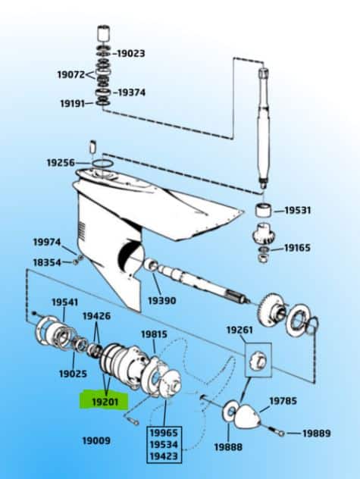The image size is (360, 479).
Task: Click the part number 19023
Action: click(130, 54)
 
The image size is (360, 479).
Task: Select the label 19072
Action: click(72, 74)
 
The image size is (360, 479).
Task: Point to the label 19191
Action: click(72, 103)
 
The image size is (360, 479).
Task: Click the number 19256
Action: click(61, 162)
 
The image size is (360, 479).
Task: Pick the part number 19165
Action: click(297, 248)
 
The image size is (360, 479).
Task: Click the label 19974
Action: click(46, 242)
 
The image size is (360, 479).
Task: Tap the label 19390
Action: click(161, 300)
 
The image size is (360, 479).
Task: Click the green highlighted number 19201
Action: click(105, 401)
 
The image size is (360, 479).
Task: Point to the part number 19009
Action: click(96, 440)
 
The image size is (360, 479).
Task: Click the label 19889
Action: click(317, 433)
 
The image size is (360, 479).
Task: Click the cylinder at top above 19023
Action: click(104, 36)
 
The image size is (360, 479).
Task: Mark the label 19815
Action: click(154, 334)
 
